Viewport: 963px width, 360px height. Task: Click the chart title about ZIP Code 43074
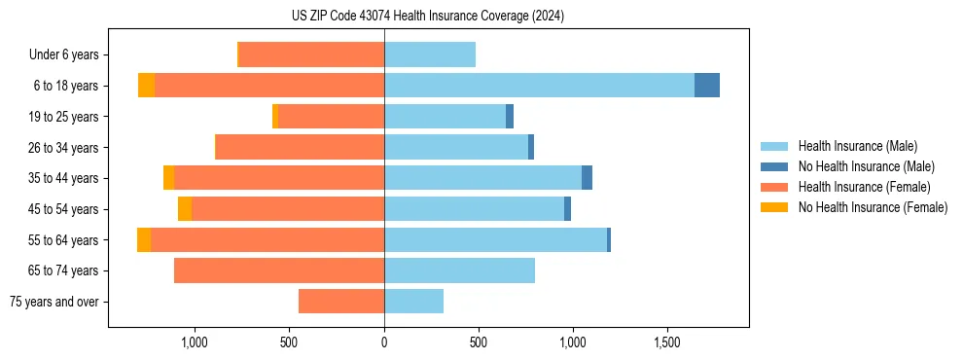427,16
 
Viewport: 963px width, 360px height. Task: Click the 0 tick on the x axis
384,342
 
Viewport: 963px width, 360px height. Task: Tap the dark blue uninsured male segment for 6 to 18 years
707,86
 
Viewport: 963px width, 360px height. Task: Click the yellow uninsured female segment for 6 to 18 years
146,86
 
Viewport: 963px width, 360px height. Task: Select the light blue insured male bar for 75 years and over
413,302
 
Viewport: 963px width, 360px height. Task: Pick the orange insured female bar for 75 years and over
341,302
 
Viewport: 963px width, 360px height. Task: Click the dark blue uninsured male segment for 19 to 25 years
510,117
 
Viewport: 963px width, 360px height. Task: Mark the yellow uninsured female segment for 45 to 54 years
185,209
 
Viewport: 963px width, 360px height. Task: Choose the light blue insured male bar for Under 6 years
430,55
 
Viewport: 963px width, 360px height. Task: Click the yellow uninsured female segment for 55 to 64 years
144,240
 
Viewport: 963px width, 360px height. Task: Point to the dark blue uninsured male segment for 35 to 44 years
587,178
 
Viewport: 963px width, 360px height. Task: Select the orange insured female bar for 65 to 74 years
279,270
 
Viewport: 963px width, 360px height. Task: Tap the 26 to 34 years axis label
63,148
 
